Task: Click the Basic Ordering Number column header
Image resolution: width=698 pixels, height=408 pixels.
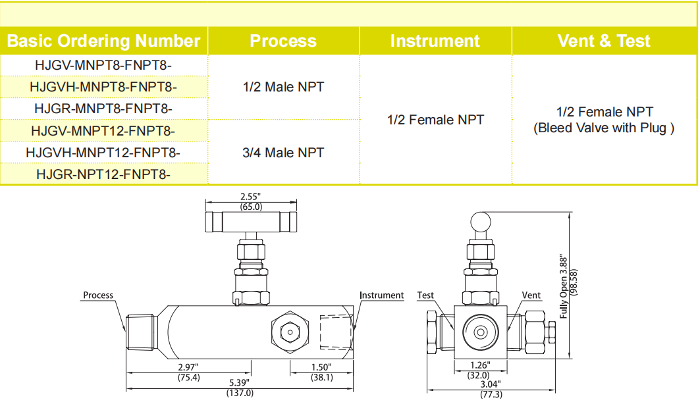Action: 103,41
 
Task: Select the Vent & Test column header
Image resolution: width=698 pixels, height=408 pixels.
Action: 604,41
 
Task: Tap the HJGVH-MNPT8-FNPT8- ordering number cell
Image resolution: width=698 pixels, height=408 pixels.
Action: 103,87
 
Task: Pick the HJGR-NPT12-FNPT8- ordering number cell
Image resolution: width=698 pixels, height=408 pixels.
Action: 103,174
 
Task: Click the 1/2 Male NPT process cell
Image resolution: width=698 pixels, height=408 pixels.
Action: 283,87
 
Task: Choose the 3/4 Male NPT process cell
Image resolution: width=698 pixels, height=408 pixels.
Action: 283,153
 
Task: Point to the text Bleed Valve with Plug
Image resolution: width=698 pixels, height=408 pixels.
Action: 604,128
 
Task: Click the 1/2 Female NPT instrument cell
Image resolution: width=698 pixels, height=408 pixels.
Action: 435,120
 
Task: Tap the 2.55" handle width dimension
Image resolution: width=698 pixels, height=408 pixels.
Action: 251,196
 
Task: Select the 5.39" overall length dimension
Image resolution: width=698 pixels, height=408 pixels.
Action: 240,382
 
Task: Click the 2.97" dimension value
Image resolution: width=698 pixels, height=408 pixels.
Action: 188,367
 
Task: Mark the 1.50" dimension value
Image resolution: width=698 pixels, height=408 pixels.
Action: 321,367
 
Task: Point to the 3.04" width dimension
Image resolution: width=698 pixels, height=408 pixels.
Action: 490,384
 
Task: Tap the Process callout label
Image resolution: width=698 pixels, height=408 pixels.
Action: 98,295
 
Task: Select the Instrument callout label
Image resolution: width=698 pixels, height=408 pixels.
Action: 381,295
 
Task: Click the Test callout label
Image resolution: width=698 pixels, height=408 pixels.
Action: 425,295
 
